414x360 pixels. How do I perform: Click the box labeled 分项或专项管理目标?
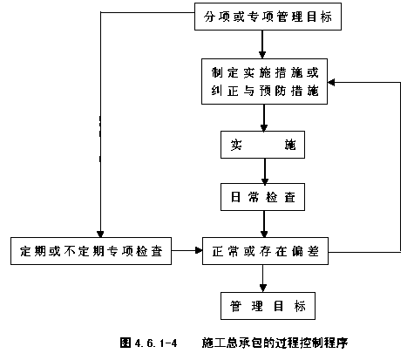(x=268, y=17)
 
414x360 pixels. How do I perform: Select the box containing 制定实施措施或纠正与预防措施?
(x=264, y=81)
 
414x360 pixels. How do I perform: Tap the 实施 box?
(x=262, y=145)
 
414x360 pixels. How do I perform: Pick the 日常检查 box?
(x=262, y=197)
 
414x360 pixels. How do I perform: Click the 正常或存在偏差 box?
(x=265, y=251)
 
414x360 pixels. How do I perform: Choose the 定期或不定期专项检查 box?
(x=91, y=251)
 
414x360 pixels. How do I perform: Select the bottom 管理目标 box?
(x=268, y=306)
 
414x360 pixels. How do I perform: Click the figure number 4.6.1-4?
(x=156, y=343)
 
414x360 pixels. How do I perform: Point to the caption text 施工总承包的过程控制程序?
(x=275, y=343)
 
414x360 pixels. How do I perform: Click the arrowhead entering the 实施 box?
(x=264, y=128)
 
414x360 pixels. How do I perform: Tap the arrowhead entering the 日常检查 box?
(x=265, y=180)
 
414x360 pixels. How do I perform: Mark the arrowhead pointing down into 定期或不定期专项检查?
(x=100, y=234)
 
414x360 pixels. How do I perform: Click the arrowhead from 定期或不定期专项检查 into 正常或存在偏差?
(x=199, y=250)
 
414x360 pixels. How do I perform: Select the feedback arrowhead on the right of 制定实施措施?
(x=331, y=82)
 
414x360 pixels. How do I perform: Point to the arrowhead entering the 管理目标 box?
(x=263, y=289)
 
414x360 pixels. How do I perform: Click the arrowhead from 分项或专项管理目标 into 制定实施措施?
(x=262, y=55)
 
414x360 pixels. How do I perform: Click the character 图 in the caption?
(x=126, y=343)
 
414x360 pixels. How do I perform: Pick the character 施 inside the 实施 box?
(x=290, y=145)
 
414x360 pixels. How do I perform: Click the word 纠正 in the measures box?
(x=225, y=91)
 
